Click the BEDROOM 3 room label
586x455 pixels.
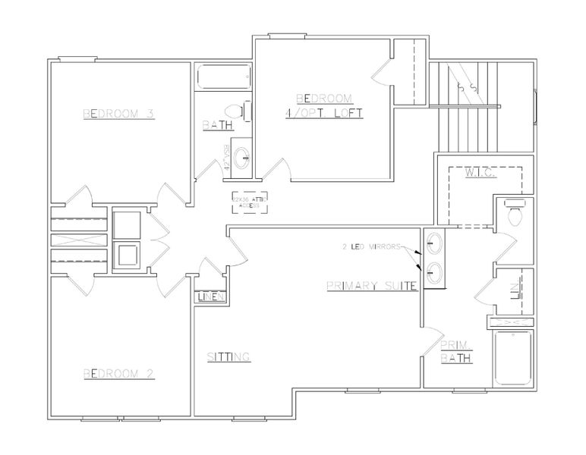coord(119,115)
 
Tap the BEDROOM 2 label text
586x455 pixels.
coord(119,373)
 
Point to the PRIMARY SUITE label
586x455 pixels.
coord(373,286)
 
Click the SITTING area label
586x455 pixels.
coord(229,356)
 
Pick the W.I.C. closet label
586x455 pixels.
coord(480,174)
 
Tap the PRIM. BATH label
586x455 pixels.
coord(458,351)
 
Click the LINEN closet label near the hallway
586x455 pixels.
coord(210,297)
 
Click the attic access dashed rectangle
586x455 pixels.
coord(249,202)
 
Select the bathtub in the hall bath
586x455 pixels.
coord(222,77)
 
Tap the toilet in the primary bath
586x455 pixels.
coord(515,214)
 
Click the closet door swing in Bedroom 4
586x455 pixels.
coord(383,74)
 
